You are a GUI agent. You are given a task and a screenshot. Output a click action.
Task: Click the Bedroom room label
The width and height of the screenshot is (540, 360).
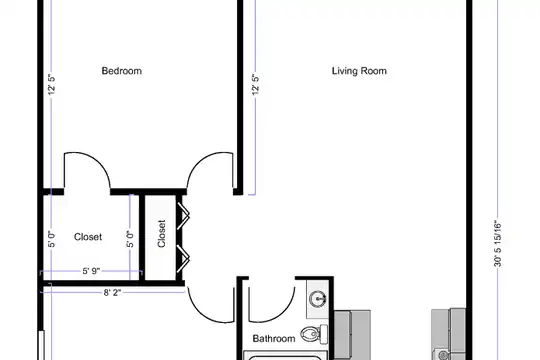122,71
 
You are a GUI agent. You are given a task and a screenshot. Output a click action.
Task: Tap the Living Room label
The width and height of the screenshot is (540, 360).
359,71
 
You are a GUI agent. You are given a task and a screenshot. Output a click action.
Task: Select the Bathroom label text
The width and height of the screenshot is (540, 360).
274,338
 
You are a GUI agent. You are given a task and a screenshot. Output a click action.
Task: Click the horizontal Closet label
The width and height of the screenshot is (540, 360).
88,237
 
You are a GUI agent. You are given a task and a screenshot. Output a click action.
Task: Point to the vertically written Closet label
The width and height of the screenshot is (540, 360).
162,234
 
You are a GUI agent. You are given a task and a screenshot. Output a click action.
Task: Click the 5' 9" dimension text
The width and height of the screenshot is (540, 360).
91,271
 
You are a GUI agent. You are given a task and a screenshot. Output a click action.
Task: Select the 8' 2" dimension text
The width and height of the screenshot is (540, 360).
112,292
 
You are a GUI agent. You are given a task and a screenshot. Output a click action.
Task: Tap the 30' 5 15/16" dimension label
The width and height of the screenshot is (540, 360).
498,244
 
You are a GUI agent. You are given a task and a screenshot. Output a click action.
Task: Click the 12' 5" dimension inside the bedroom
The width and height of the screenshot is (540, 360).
51,85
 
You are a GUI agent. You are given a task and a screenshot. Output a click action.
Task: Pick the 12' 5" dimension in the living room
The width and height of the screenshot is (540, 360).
255,85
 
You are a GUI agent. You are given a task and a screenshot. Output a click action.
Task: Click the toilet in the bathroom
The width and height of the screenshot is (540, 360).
314,334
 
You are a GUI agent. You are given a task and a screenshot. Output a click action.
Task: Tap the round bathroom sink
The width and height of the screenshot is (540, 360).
318,298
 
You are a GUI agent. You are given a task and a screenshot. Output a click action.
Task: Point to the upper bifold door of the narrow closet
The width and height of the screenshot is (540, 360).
183,216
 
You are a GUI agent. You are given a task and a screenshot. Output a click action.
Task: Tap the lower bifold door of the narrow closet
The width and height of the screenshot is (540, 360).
183,258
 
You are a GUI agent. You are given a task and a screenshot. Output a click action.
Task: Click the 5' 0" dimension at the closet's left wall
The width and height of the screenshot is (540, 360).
51,239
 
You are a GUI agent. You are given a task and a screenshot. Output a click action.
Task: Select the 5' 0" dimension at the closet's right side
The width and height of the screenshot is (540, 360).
130,239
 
